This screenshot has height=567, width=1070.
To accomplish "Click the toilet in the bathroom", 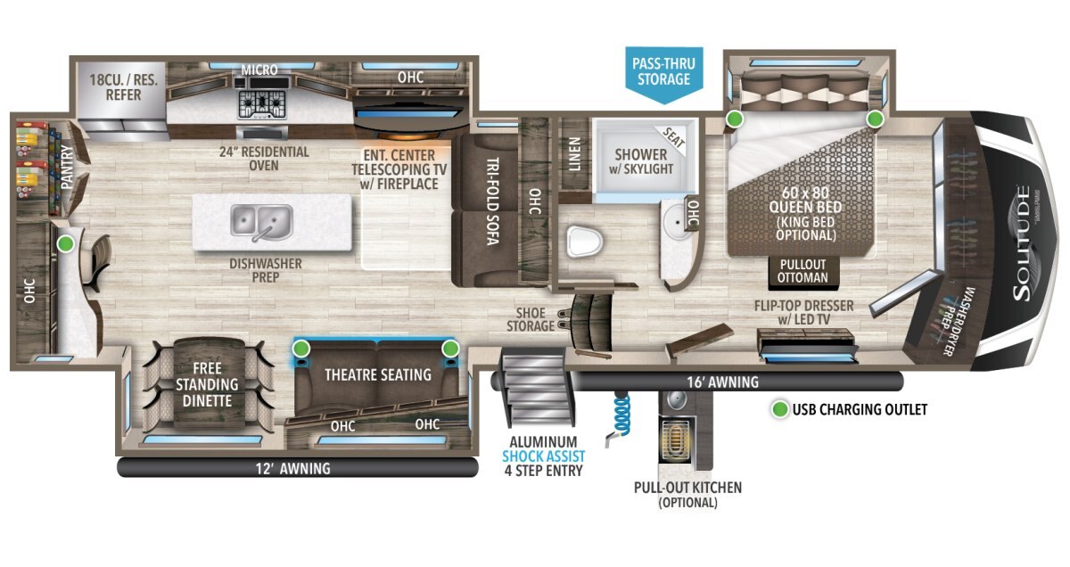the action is coord(584,242).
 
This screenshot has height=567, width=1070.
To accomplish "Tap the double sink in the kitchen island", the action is coord(262,222).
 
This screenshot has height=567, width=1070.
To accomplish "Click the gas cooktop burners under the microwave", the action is coord(262,104).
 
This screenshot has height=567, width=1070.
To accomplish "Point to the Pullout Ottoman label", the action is coord(802,271).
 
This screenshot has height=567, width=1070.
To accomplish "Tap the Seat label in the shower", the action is coord(674,138).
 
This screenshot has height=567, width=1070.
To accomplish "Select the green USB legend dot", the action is coord(780,409).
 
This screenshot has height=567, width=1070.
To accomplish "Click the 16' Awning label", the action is coord(723,382).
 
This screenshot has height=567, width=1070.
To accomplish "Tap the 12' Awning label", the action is coord(292,468).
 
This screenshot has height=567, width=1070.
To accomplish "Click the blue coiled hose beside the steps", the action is coord(620,415).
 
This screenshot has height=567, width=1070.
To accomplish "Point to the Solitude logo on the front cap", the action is coord(1022,243).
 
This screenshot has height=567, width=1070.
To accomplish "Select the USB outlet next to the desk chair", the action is coord(65,244).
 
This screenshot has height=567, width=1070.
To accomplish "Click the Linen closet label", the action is coord(574,154).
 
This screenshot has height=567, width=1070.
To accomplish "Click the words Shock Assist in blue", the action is coord(543,456).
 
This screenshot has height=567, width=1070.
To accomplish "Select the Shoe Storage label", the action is coord(531,319).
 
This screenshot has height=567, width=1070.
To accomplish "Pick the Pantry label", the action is coord(68,168).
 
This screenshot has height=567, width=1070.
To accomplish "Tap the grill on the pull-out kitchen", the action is coord(674,439).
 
